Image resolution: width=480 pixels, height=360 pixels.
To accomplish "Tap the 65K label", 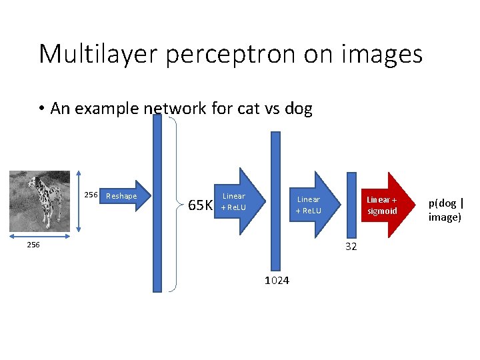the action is [200, 205].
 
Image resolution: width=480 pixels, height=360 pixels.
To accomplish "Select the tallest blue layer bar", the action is [157, 203].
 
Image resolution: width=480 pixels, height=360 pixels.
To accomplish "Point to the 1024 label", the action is [277, 281].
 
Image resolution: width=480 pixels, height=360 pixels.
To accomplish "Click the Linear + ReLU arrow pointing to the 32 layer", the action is [313, 205].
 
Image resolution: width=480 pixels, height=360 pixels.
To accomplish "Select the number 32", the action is [351, 247].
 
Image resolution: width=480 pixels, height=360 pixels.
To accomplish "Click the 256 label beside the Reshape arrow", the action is [91, 195].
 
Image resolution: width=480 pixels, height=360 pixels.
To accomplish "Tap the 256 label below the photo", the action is [33, 245].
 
